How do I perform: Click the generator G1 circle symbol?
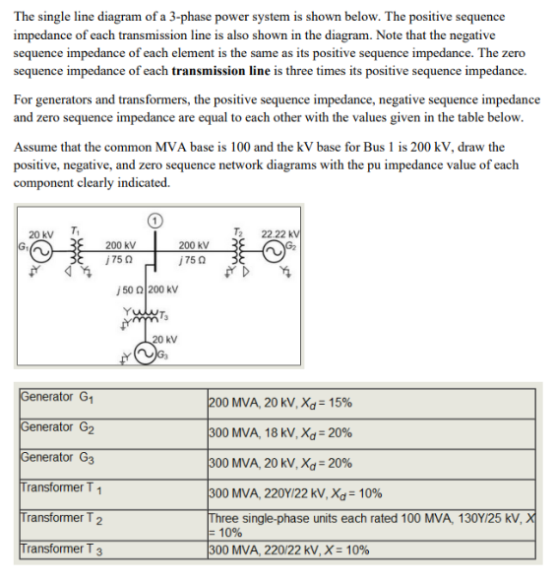pyautogui.click(x=40, y=250)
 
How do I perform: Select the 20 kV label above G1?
pyautogui.click(x=40, y=233)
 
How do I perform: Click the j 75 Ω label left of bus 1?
pyautogui.click(x=120, y=260)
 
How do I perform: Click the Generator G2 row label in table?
pyautogui.click(x=60, y=429)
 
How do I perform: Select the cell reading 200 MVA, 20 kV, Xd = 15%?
pyautogui.click(x=280, y=403)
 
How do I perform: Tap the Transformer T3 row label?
pyautogui.click(x=65, y=550)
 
